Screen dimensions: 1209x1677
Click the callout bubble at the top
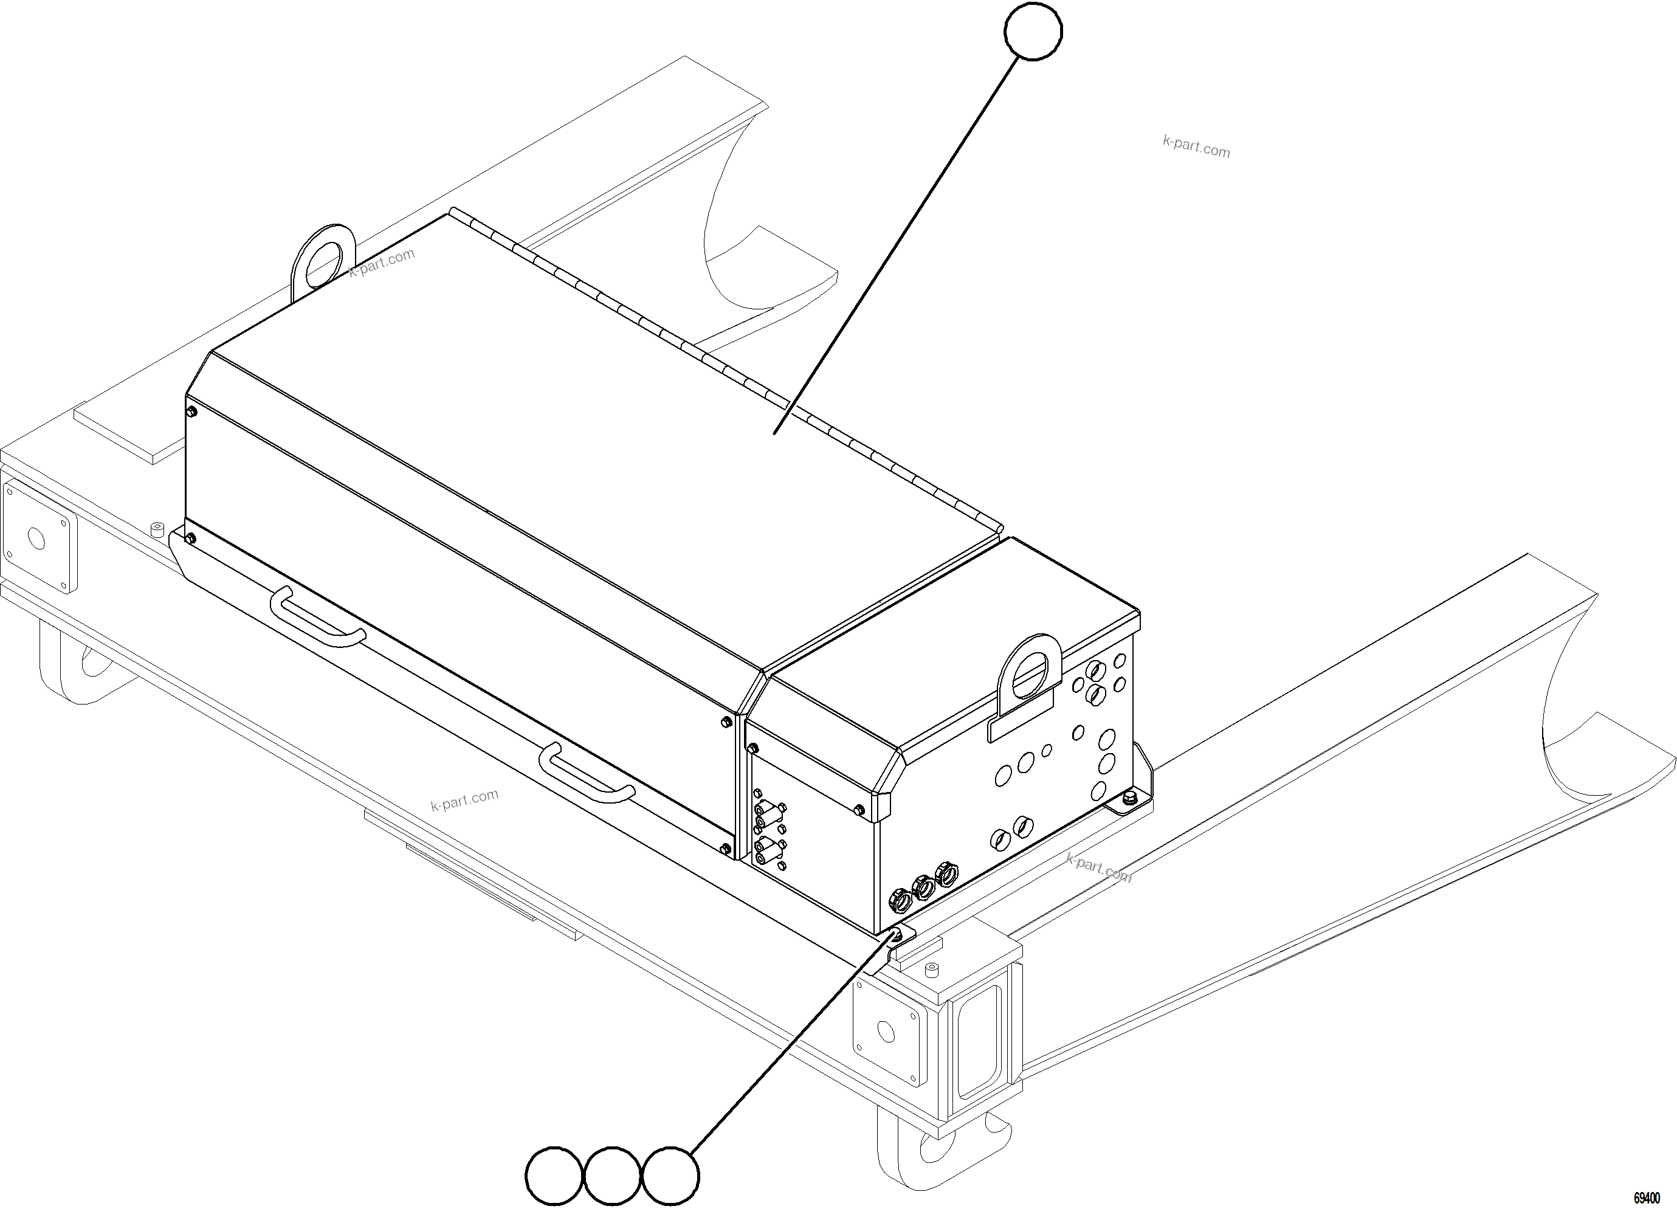[1033, 31]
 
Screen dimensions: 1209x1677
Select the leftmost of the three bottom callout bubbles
[554, 1175]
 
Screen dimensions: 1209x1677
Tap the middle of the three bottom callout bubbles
[612, 1175]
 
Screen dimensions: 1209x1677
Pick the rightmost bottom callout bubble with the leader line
[670, 1175]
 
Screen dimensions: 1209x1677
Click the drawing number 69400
[1646, 1198]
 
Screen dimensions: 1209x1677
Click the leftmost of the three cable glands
[901, 899]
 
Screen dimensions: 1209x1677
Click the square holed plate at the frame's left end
[37, 537]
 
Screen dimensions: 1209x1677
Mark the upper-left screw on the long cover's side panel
[191, 411]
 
